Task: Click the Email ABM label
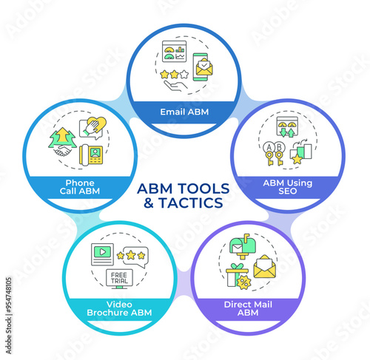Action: pos(184,112)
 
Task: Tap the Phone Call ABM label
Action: pos(80,187)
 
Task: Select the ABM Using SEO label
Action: pos(288,187)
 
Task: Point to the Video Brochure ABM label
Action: pos(119,308)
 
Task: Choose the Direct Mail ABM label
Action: pos(248,308)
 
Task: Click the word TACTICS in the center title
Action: pos(191,203)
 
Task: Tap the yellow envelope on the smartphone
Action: pos(204,67)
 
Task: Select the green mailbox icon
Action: pos(243,246)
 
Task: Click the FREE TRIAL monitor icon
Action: pos(119,279)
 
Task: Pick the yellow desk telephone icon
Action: pos(91,154)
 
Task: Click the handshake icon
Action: pos(62,150)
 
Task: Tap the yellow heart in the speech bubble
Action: pos(97,123)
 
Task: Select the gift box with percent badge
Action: pos(238,276)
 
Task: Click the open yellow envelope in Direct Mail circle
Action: pos(264,267)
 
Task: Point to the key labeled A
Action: pos(269,154)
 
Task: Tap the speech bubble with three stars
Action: pos(132,257)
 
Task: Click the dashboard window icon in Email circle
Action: pos(174,51)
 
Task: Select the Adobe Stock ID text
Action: pos(9,316)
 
